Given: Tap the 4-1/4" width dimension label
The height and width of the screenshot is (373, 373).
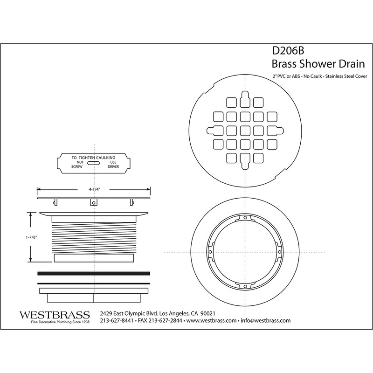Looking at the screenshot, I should click(x=94, y=189).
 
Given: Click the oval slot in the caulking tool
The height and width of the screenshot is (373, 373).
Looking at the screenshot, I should click(x=94, y=164).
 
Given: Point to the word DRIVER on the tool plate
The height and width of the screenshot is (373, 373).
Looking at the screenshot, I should click(x=114, y=166).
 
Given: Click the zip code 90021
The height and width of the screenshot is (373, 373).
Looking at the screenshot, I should click(x=218, y=312).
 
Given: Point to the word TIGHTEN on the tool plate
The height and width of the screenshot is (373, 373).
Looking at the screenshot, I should click(x=90, y=157).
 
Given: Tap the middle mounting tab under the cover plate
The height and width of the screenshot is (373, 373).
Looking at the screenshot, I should click(x=94, y=203).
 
